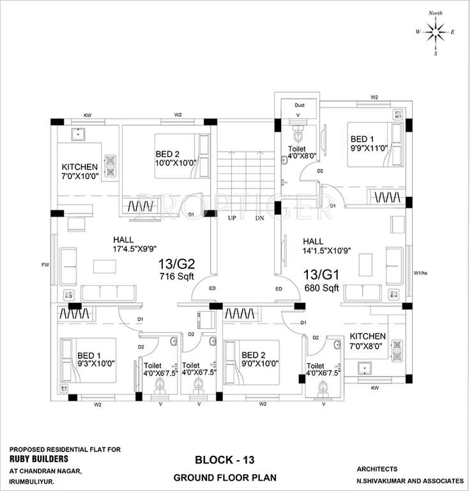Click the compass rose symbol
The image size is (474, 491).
435,31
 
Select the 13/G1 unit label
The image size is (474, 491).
321,275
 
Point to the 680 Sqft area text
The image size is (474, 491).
321,288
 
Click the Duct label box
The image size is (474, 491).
299,105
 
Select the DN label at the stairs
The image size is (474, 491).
259,218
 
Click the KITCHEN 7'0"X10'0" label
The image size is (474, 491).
80,171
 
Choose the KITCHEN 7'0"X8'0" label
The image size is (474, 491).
367,341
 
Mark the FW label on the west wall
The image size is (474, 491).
45,264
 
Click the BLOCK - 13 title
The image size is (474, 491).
224,460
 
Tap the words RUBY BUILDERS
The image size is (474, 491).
39,458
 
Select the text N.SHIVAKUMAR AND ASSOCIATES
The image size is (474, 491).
410,480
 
